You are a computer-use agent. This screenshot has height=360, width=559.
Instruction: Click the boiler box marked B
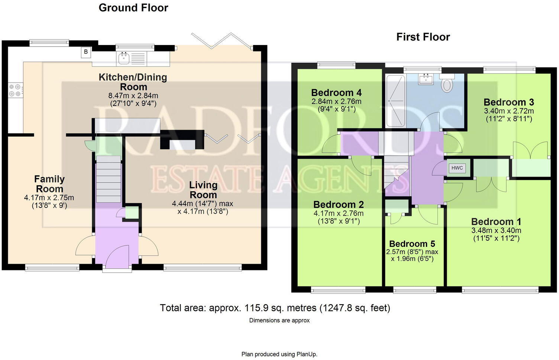86,52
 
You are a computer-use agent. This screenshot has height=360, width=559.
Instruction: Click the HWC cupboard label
457,168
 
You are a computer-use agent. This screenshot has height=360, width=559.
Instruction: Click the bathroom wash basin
425,79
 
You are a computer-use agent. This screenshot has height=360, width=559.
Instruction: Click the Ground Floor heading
133,8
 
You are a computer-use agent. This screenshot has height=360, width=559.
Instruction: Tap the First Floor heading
423,37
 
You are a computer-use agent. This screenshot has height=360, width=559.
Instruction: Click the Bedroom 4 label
336,93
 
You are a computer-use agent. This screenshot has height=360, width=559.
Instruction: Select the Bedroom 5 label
412,244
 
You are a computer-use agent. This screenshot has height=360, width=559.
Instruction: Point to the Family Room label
49,184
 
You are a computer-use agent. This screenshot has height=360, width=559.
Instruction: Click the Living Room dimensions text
203,208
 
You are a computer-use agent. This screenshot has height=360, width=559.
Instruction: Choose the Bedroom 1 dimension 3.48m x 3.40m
496,231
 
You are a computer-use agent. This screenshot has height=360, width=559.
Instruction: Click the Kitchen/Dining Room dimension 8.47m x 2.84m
133,96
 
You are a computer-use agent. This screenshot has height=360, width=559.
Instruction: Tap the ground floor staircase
109,179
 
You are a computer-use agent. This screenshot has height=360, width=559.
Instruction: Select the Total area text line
275,308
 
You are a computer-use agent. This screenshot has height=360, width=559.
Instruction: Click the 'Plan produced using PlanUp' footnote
279,354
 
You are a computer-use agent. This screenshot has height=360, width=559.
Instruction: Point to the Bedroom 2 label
338,205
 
